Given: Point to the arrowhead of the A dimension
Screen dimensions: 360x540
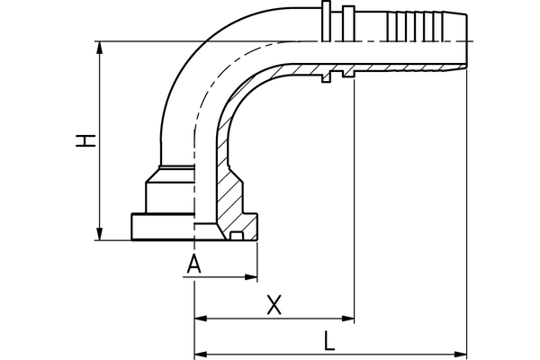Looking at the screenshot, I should [252, 278].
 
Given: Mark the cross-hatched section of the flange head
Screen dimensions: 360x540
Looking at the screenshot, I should [232, 202].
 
